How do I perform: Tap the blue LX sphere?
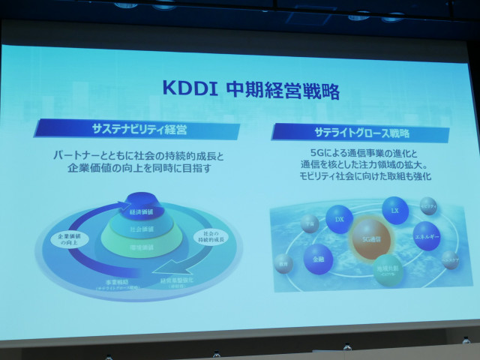[394, 211]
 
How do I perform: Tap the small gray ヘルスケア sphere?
[450, 259]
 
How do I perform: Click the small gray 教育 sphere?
[283, 264]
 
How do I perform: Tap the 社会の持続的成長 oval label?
[212, 238]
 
